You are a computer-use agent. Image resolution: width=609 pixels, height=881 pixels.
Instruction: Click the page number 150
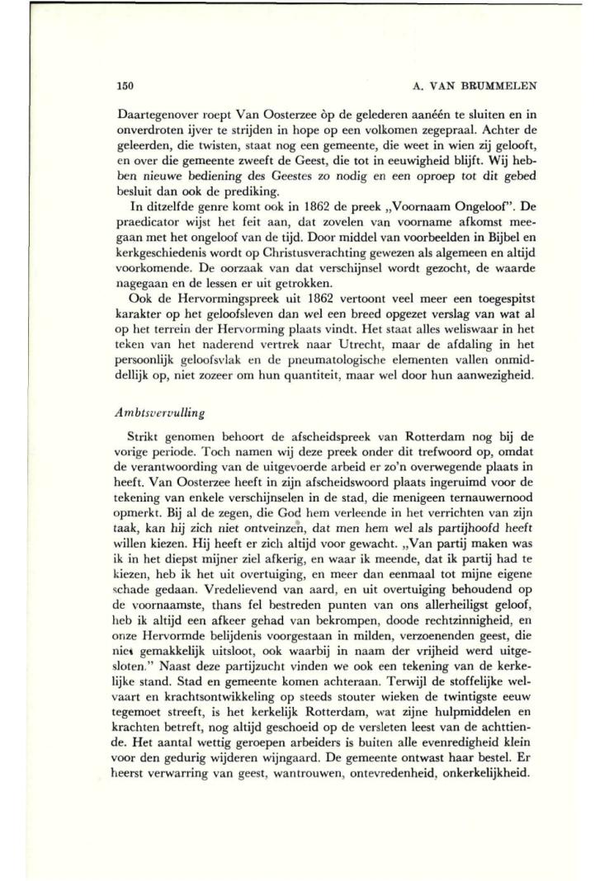[126, 85]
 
